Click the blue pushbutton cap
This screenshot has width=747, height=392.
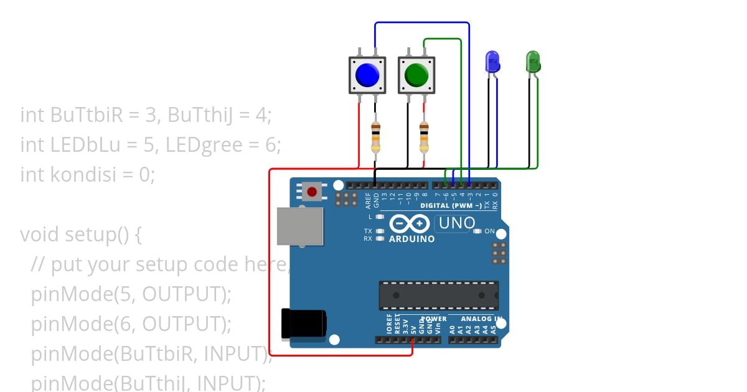[367, 75]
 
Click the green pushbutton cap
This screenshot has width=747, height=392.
[416, 75]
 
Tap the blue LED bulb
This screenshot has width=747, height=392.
[492, 62]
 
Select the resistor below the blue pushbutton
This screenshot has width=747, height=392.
[375, 137]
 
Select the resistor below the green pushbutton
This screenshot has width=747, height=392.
[424, 137]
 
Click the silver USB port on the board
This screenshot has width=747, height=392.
[301, 225]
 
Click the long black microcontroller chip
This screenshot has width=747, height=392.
[438, 295]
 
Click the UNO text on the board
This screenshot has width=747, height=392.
[457, 223]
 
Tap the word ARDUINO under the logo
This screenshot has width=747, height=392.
[411, 238]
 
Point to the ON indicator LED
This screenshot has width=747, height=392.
[478, 231]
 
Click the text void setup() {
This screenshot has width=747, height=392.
[82, 235]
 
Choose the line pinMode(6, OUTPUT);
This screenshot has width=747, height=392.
[131, 324]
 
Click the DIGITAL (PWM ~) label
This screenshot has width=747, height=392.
[451, 205]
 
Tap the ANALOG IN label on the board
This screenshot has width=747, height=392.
[481, 319]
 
